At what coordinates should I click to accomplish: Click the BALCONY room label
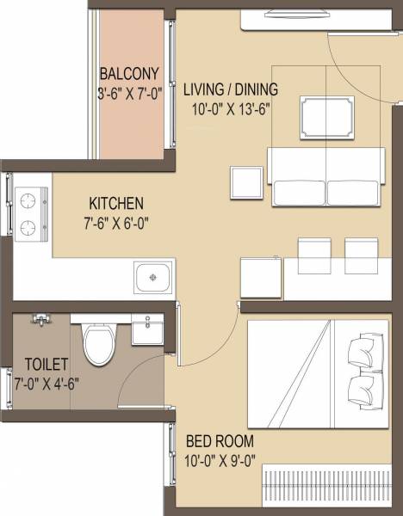pos(127,72)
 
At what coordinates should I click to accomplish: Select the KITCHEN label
pos(116,204)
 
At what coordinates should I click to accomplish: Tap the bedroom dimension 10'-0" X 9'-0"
pos(220,460)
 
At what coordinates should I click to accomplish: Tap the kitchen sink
pos(153,277)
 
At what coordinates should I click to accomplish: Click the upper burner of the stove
pos(30,200)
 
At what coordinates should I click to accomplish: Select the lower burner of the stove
pos(30,228)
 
